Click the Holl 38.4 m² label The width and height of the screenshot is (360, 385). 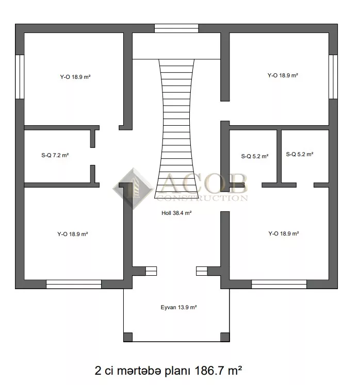[176, 213]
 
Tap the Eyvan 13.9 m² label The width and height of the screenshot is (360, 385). [178, 307]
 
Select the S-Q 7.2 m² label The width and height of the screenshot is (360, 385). [55, 155]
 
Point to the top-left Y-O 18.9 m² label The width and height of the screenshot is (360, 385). [75, 77]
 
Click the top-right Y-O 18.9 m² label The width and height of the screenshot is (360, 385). [283, 75]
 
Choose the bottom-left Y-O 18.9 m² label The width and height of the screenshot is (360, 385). [73, 234]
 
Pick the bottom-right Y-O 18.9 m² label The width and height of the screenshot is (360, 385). [284, 233]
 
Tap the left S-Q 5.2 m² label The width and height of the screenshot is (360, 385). [255, 156]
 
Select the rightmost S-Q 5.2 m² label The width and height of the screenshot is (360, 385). [300, 154]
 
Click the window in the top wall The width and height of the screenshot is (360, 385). [176, 28]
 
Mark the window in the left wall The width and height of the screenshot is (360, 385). [20, 77]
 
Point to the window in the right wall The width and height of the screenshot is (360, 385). [333, 77]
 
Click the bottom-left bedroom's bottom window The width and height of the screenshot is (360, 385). [74, 284]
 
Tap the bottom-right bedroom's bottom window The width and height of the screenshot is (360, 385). [279, 284]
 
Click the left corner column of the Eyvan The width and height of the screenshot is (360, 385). [128, 337]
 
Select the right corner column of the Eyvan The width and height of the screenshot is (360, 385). [225, 337]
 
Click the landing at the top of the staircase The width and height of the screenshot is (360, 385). [176, 46]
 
